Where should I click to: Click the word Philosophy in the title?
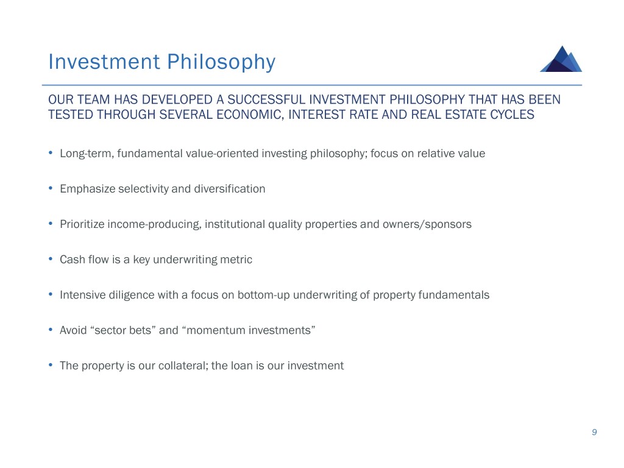(221, 63)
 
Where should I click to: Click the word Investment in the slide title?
(104, 62)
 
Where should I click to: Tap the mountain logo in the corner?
(561, 58)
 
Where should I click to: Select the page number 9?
(594, 432)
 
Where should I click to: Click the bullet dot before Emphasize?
(51, 188)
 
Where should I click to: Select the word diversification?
(230, 189)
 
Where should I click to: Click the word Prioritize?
(82, 224)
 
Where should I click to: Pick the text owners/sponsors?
(427, 224)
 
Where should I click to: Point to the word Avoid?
(73, 330)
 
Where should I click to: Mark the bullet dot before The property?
(51, 365)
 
